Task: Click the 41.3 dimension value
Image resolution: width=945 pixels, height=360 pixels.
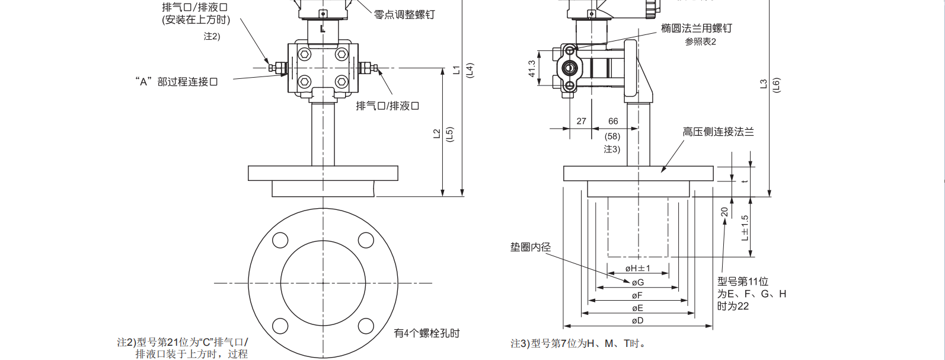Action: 532,68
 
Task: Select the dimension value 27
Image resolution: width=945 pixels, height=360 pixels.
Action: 581,121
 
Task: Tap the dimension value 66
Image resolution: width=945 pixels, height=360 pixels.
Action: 613,121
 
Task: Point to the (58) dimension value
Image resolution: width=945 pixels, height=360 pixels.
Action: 612,136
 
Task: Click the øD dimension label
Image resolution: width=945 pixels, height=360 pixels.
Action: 637,321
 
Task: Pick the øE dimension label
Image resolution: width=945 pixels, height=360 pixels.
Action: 637,308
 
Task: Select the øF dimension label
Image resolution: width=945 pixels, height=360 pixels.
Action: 637,295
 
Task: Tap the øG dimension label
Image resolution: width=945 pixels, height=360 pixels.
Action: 638,283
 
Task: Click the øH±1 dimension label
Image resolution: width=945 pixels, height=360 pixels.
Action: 638,269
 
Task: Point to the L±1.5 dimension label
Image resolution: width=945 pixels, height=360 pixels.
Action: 745,228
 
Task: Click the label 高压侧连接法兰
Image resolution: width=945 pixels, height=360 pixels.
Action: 718,132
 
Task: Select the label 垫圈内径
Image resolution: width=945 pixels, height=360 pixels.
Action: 531,247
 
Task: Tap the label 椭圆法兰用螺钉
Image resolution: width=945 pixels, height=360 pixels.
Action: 697,28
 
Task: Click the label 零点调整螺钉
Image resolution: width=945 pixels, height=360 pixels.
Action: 404,14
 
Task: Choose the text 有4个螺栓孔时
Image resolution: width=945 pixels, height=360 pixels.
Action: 427,333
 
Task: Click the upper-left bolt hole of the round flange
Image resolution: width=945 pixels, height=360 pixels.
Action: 280,240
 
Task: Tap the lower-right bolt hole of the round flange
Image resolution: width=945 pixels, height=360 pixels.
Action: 366,326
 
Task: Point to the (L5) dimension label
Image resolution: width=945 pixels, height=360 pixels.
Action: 449,135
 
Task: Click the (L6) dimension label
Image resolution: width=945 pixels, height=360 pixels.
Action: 776,85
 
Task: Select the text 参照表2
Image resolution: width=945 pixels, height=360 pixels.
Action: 700,42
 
